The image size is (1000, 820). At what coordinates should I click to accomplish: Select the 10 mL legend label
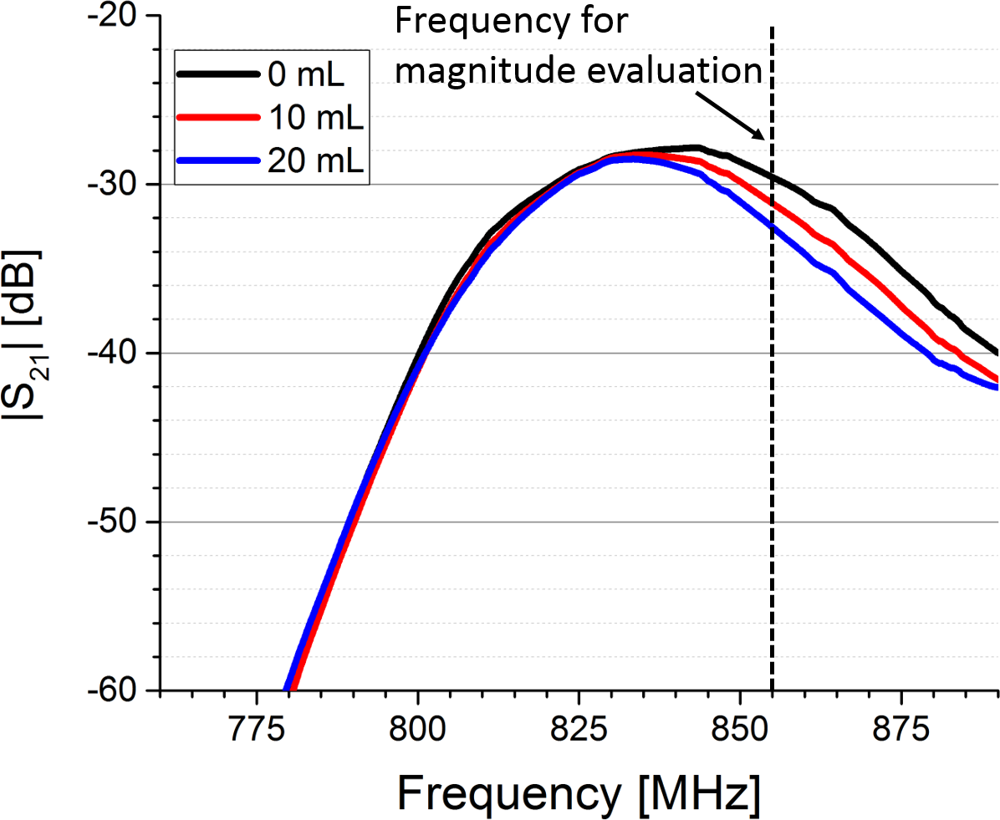314,120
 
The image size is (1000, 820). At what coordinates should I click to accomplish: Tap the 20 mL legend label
314,163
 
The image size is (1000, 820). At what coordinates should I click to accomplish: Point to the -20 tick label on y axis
121,17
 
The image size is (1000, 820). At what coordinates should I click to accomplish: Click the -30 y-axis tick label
121,185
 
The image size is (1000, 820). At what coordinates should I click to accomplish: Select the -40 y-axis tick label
121,354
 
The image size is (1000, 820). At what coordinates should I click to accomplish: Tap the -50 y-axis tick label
121,522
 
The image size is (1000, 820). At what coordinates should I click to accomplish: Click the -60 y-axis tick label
121,690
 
